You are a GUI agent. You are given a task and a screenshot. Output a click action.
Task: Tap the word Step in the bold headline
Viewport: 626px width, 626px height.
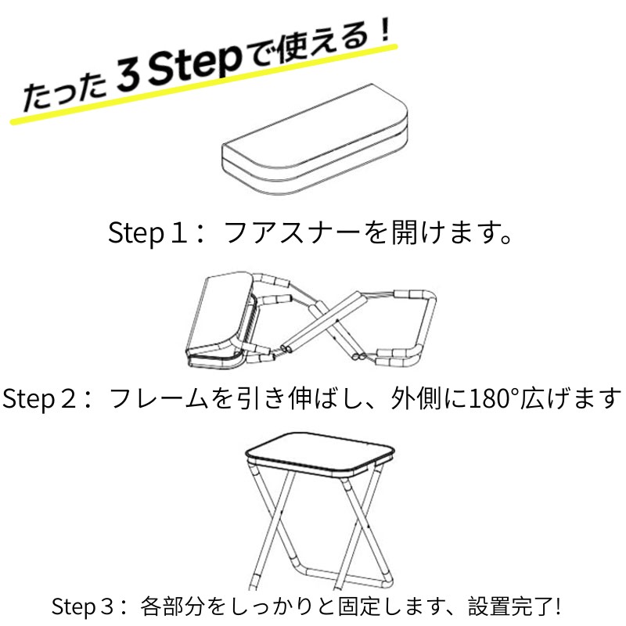(x=195, y=64)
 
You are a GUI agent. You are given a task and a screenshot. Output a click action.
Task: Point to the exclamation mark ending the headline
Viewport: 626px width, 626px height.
(x=384, y=29)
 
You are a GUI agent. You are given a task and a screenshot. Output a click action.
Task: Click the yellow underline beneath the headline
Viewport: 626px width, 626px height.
(x=203, y=84)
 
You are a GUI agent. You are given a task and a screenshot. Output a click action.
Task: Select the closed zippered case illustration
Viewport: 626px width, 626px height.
(x=315, y=139)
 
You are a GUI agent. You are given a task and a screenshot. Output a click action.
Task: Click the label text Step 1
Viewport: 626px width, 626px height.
(x=148, y=232)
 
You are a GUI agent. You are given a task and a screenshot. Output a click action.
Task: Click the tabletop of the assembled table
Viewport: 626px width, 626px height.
(x=319, y=453)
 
